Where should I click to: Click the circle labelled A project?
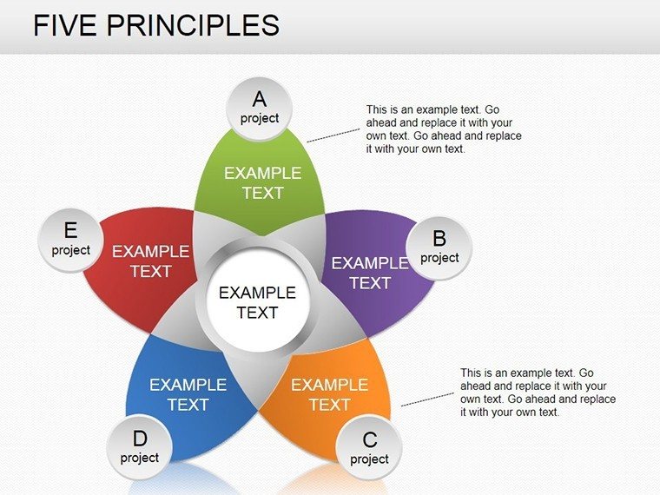(260, 109)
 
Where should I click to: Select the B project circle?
(439, 247)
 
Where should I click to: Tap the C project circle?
(369, 448)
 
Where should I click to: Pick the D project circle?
(139, 447)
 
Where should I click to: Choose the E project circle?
(70, 240)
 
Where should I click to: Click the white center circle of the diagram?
(258, 300)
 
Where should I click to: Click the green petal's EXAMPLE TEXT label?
(262, 183)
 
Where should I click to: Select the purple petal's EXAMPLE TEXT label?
(370, 274)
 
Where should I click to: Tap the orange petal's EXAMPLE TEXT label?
(330, 395)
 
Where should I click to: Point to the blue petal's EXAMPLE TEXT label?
(188, 395)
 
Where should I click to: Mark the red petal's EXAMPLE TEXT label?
(151, 261)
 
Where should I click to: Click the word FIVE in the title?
(65, 25)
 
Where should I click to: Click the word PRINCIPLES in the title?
(193, 25)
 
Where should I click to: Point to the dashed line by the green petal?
(333, 135)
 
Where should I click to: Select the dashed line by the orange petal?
(427, 399)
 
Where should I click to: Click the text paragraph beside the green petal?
(444, 129)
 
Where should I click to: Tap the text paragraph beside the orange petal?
(538, 393)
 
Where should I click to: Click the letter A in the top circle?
(260, 99)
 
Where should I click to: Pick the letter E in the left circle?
(70, 230)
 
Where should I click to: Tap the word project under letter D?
(139, 458)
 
